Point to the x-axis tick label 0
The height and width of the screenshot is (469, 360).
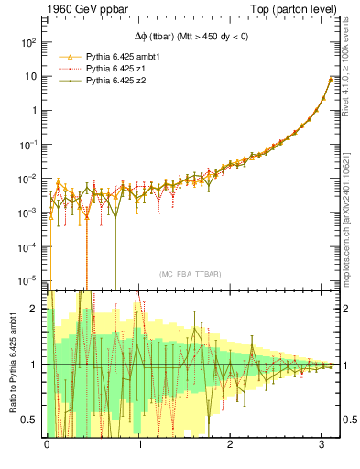(x=47, y=445)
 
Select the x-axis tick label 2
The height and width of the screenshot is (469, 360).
(x=231, y=445)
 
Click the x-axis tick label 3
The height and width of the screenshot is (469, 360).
(x=322, y=445)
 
